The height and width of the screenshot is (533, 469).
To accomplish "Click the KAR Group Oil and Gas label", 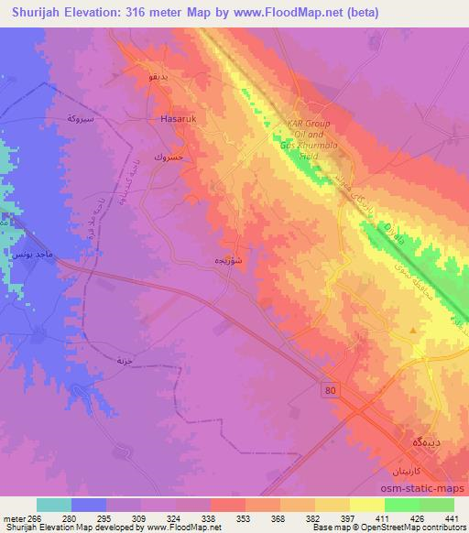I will click(x=311, y=134).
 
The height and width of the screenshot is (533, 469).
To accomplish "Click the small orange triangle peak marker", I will click(x=414, y=326).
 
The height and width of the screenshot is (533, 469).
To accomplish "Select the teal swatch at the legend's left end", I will click(x=53, y=505).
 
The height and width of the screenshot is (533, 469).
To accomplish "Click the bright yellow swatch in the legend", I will click(x=366, y=505).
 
